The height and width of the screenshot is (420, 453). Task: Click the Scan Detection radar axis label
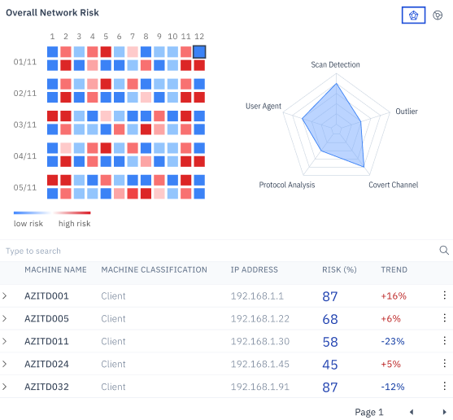(335, 64)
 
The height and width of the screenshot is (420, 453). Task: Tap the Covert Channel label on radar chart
(393, 185)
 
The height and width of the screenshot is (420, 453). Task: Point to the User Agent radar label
(263, 107)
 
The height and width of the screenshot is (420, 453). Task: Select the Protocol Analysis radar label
(286, 185)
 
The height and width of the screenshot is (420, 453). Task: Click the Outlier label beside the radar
(407, 110)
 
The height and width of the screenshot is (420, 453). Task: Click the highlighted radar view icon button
(414, 15)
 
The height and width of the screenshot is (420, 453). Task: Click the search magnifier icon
(444, 251)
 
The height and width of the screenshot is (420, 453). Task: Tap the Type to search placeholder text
(33, 251)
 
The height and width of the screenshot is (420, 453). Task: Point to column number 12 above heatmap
(199, 37)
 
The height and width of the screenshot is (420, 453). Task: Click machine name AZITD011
(46, 342)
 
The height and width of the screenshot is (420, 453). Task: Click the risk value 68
(330, 319)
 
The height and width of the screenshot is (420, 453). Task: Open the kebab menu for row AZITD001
(444, 296)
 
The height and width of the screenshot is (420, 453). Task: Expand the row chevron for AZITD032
(5, 387)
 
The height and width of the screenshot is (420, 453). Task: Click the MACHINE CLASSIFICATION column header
(154, 269)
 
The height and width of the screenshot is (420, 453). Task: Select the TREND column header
(394, 269)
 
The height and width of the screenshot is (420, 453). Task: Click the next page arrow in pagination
(444, 412)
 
